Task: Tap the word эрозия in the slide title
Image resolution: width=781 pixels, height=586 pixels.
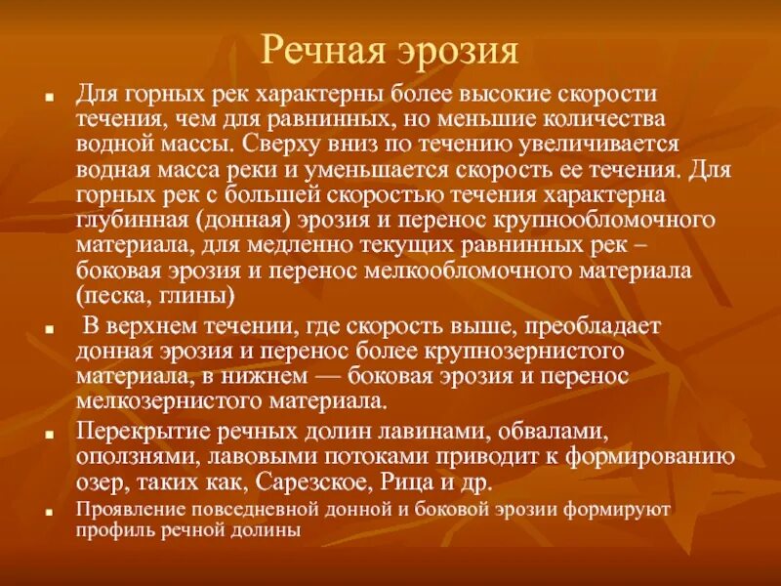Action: click(x=455, y=49)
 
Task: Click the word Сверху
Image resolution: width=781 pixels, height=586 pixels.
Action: click(x=286, y=144)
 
